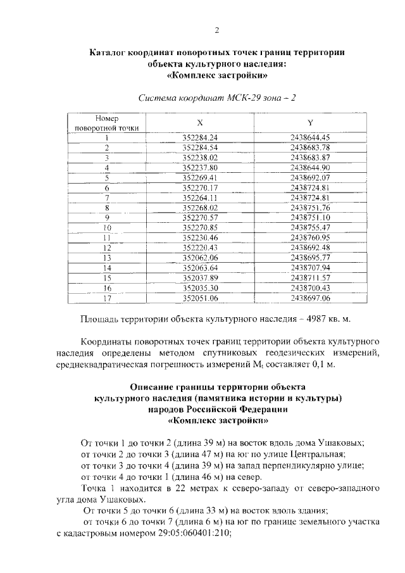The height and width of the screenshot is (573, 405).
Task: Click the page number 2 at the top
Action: pyautogui.click(x=216, y=30)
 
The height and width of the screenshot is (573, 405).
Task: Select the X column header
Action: pyautogui.click(x=199, y=122)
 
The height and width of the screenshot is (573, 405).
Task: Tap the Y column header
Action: pyautogui.click(x=310, y=122)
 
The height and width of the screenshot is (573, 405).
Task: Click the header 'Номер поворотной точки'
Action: pyautogui.click(x=107, y=123)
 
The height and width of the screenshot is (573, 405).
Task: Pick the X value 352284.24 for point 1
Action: pyautogui.click(x=199, y=137)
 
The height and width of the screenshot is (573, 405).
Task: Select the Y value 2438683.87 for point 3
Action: pyautogui.click(x=310, y=157)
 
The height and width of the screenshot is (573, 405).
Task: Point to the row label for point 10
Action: pyautogui.click(x=107, y=228)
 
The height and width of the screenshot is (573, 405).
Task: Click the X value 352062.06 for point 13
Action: pyautogui.click(x=199, y=258)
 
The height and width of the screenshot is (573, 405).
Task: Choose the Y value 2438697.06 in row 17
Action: pyautogui.click(x=310, y=298)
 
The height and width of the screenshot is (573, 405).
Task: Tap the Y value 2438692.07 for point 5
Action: pyautogui.click(x=310, y=177)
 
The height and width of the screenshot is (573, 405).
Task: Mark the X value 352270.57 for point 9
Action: pyautogui.click(x=199, y=218)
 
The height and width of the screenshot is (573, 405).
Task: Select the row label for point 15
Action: pyautogui.click(x=107, y=279)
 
